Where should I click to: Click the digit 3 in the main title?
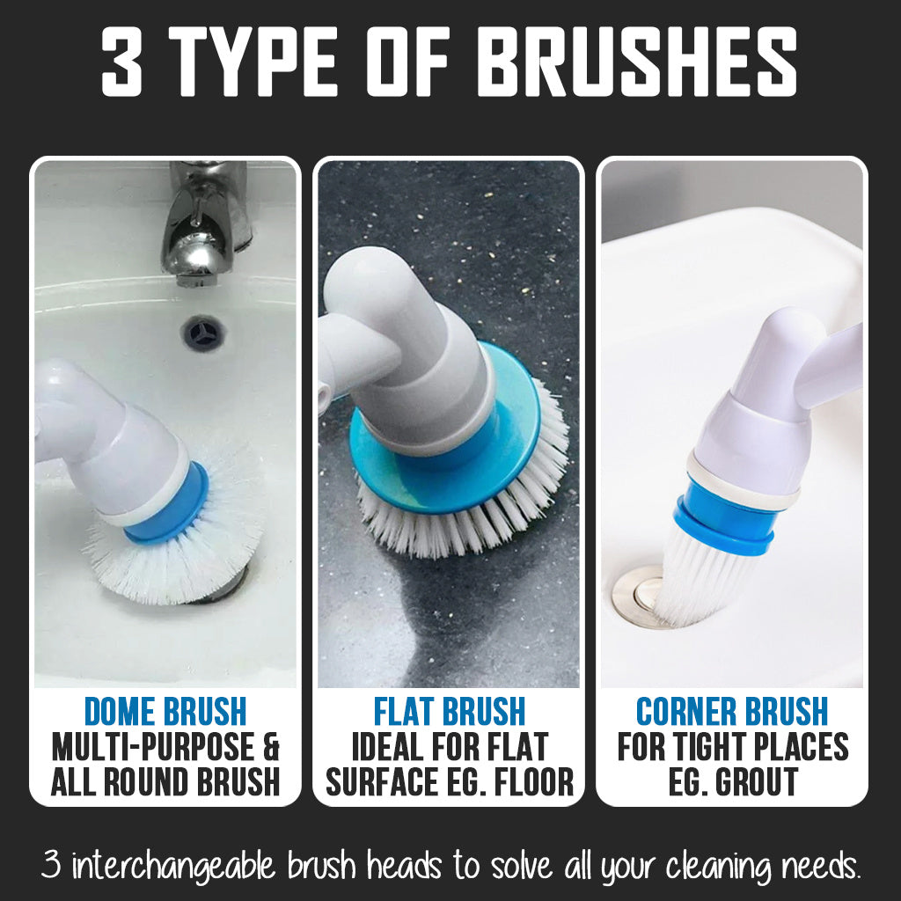121,61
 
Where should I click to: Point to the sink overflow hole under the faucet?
202,333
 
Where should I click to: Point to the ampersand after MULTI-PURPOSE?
271,746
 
